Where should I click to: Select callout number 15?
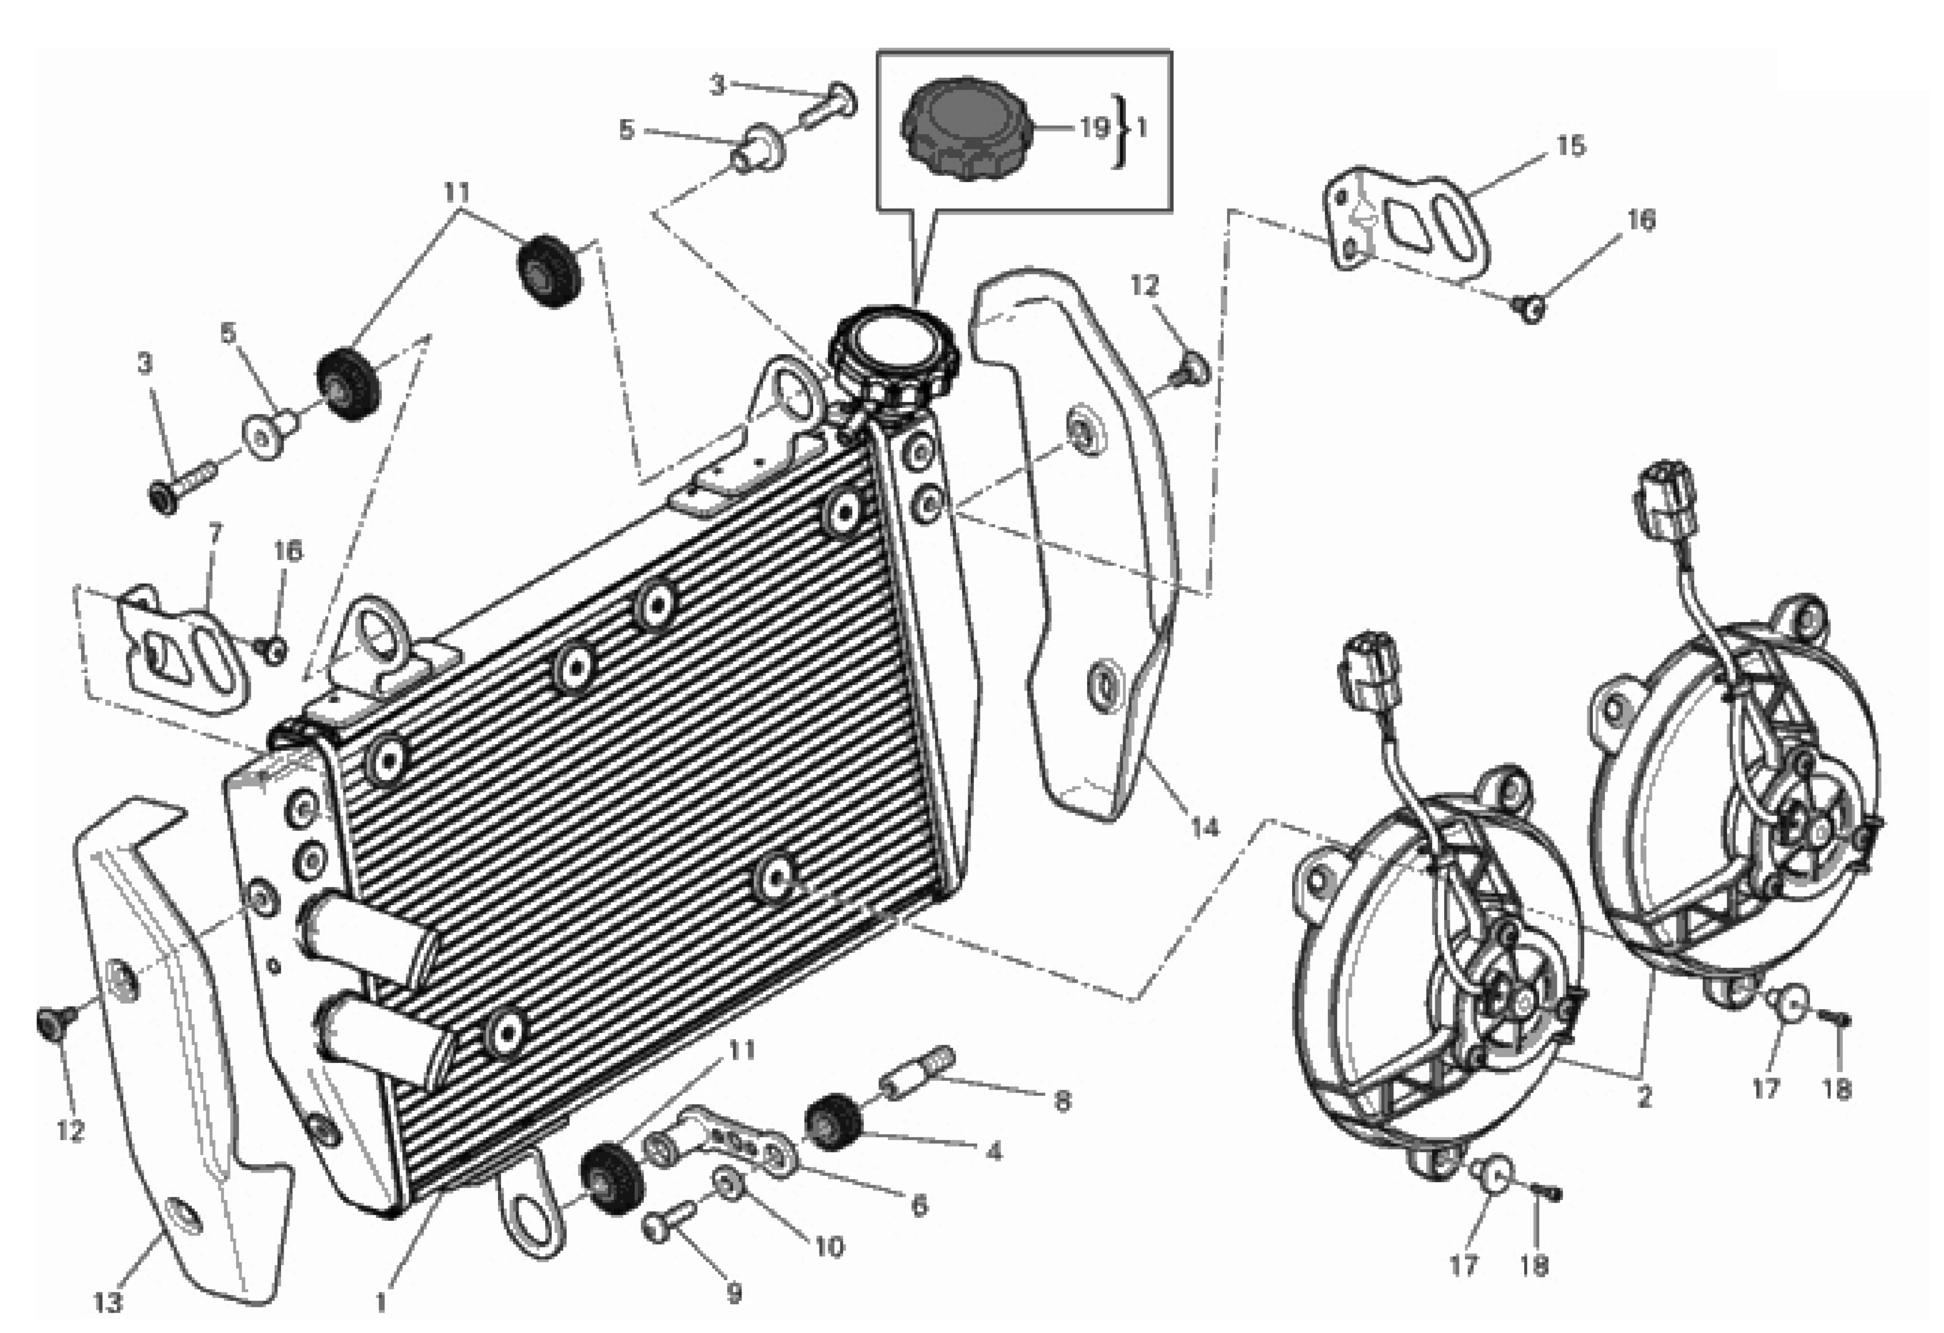tap(1570, 146)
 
